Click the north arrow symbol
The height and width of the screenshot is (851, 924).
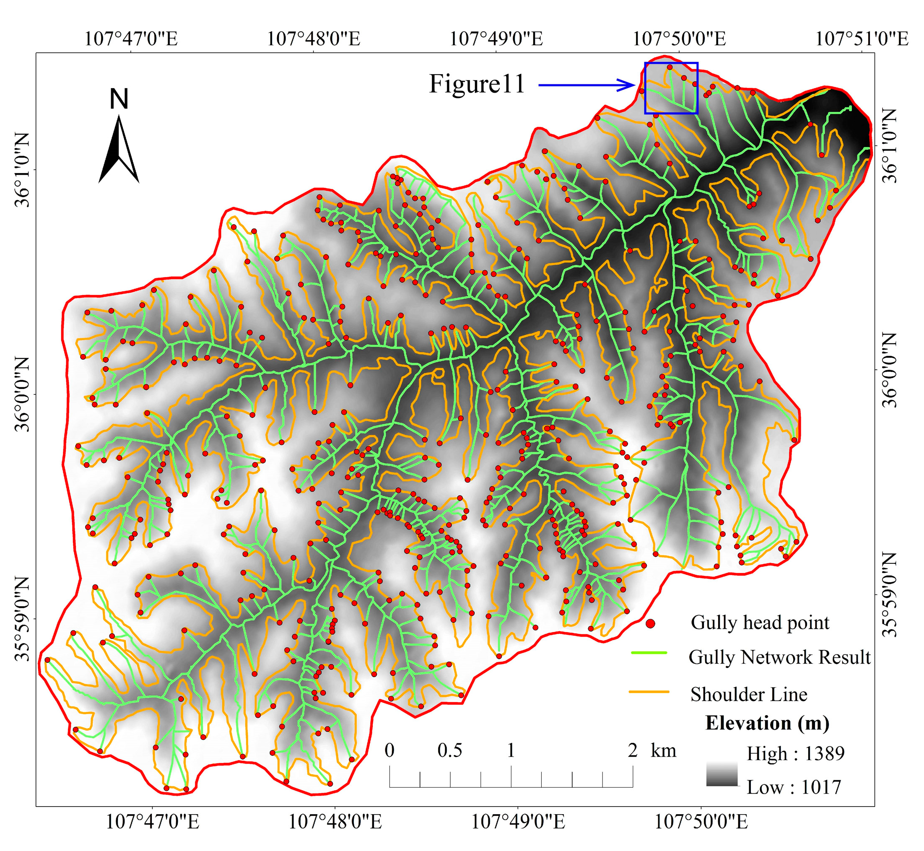tap(119, 150)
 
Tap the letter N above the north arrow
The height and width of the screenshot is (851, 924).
tap(119, 99)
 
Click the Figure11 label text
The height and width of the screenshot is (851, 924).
tap(477, 84)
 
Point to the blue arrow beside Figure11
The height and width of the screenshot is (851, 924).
tap(587, 85)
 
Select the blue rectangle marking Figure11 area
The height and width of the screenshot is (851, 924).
tap(671, 88)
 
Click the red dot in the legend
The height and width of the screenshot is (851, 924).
tap(650, 624)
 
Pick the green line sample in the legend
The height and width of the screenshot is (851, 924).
tap(649, 653)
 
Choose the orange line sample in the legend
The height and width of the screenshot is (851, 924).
tap(649, 691)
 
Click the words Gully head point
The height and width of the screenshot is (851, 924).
tap(760, 623)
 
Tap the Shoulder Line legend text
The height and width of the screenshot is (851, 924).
tap(748, 695)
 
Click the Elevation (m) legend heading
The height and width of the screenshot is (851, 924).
tap(767, 724)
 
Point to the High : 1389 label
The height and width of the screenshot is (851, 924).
tap(795, 754)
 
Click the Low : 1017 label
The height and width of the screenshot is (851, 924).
tap(794, 787)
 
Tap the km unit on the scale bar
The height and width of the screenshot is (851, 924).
tap(663, 751)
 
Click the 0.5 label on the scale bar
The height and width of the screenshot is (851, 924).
tap(449, 751)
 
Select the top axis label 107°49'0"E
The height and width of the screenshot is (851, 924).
tap(496, 39)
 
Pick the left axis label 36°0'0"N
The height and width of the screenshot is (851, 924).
tap(22, 394)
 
